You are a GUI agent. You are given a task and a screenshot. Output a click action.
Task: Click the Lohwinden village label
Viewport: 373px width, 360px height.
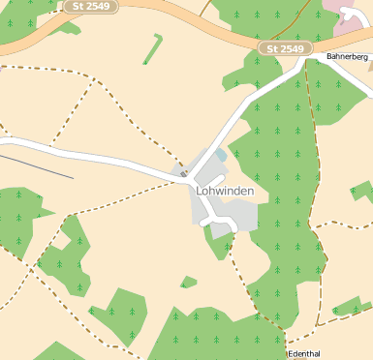pyautogui.click(x=225, y=191)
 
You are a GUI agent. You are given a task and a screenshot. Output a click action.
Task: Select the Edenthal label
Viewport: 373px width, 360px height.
pyautogui.click(x=303, y=354)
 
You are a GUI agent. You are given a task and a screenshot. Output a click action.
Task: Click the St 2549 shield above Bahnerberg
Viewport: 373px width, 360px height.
pyautogui.click(x=285, y=48)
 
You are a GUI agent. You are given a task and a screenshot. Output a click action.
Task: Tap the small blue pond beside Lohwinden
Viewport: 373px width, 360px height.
pyautogui.click(x=222, y=155)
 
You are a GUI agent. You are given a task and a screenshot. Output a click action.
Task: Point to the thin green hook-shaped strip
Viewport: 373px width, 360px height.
pyautogui.click(x=153, y=48)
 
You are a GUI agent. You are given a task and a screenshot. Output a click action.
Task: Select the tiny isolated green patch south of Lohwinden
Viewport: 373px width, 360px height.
pyautogui.click(x=188, y=282)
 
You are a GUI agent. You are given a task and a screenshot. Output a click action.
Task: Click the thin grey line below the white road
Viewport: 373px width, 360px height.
pyautogui.click(x=39, y=165)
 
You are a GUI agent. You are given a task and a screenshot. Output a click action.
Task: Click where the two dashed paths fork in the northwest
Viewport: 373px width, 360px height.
pyautogui.click(x=97, y=77)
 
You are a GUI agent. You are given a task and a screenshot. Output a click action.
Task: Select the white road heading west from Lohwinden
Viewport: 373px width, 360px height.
pyautogui.click(x=97, y=156)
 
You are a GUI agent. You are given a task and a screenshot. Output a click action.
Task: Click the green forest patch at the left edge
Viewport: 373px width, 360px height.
pyautogui.click(x=17, y=215)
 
